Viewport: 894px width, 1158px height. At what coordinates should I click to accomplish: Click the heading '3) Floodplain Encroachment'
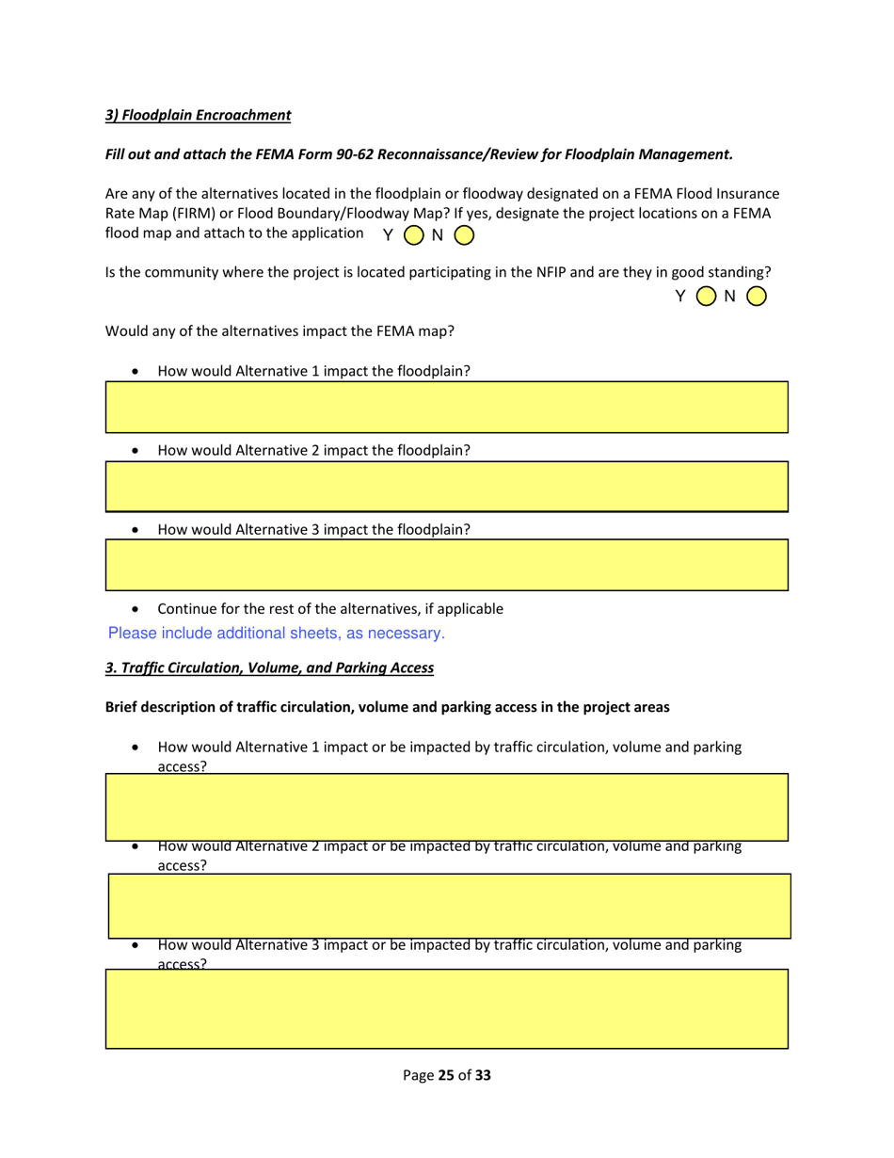pyautogui.click(x=198, y=115)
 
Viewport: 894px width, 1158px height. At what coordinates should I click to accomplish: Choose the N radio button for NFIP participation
pyautogui.click(x=757, y=297)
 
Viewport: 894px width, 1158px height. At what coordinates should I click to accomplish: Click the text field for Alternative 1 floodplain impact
pyautogui.click(x=446, y=407)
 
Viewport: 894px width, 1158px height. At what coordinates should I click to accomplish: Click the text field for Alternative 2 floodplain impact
pyautogui.click(x=446, y=486)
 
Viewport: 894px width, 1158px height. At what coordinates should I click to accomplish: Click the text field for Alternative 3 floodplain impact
pyautogui.click(x=446, y=565)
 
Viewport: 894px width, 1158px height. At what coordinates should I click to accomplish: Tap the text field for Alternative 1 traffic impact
pyautogui.click(x=446, y=807)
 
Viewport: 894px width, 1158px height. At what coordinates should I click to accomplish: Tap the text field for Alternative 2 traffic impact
pyautogui.click(x=449, y=906)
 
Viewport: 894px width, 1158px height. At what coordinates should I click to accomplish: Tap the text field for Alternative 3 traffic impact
pyautogui.click(x=446, y=1008)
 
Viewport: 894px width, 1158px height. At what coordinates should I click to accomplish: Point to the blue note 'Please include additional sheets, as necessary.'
pyautogui.click(x=277, y=634)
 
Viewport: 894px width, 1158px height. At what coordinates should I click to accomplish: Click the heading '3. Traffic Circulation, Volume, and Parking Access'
pyautogui.click(x=269, y=667)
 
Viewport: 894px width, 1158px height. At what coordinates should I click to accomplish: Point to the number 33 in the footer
pyautogui.click(x=483, y=1074)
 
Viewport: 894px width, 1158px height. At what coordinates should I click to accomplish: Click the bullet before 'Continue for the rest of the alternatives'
pyautogui.click(x=138, y=609)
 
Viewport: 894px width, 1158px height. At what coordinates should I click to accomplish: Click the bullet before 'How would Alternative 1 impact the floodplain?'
pyautogui.click(x=138, y=372)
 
